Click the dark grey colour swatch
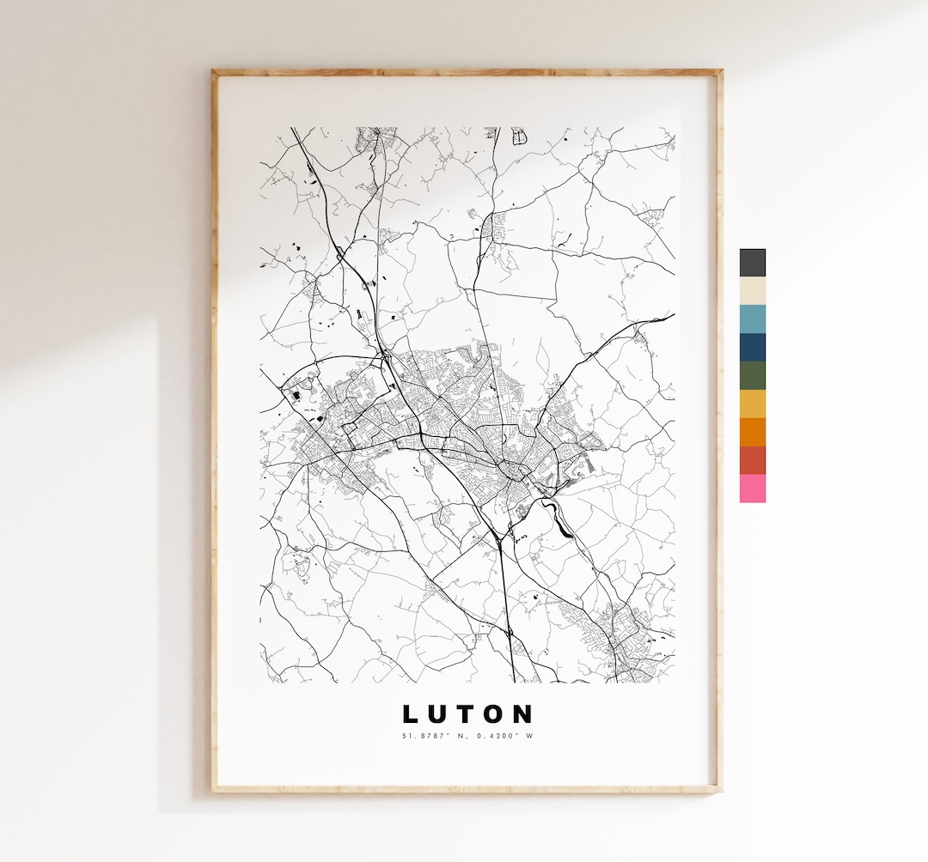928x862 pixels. (752, 263)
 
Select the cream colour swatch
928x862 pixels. (752, 290)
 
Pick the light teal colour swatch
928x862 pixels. (752, 319)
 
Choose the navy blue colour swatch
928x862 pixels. (752, 347)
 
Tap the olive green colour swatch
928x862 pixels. (752, 375)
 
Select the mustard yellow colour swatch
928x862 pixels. (752, 404)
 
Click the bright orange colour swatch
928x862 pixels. (752, 432)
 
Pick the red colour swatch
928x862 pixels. (752, 460)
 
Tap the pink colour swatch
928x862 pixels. (752, 489)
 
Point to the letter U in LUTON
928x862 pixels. (438, 714)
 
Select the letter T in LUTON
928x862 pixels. (466, 714)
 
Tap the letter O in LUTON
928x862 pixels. (494, 714)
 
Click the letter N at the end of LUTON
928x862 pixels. (523, 714)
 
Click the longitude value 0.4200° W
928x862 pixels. (504, 735)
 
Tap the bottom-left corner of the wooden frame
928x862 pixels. (214, 790)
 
